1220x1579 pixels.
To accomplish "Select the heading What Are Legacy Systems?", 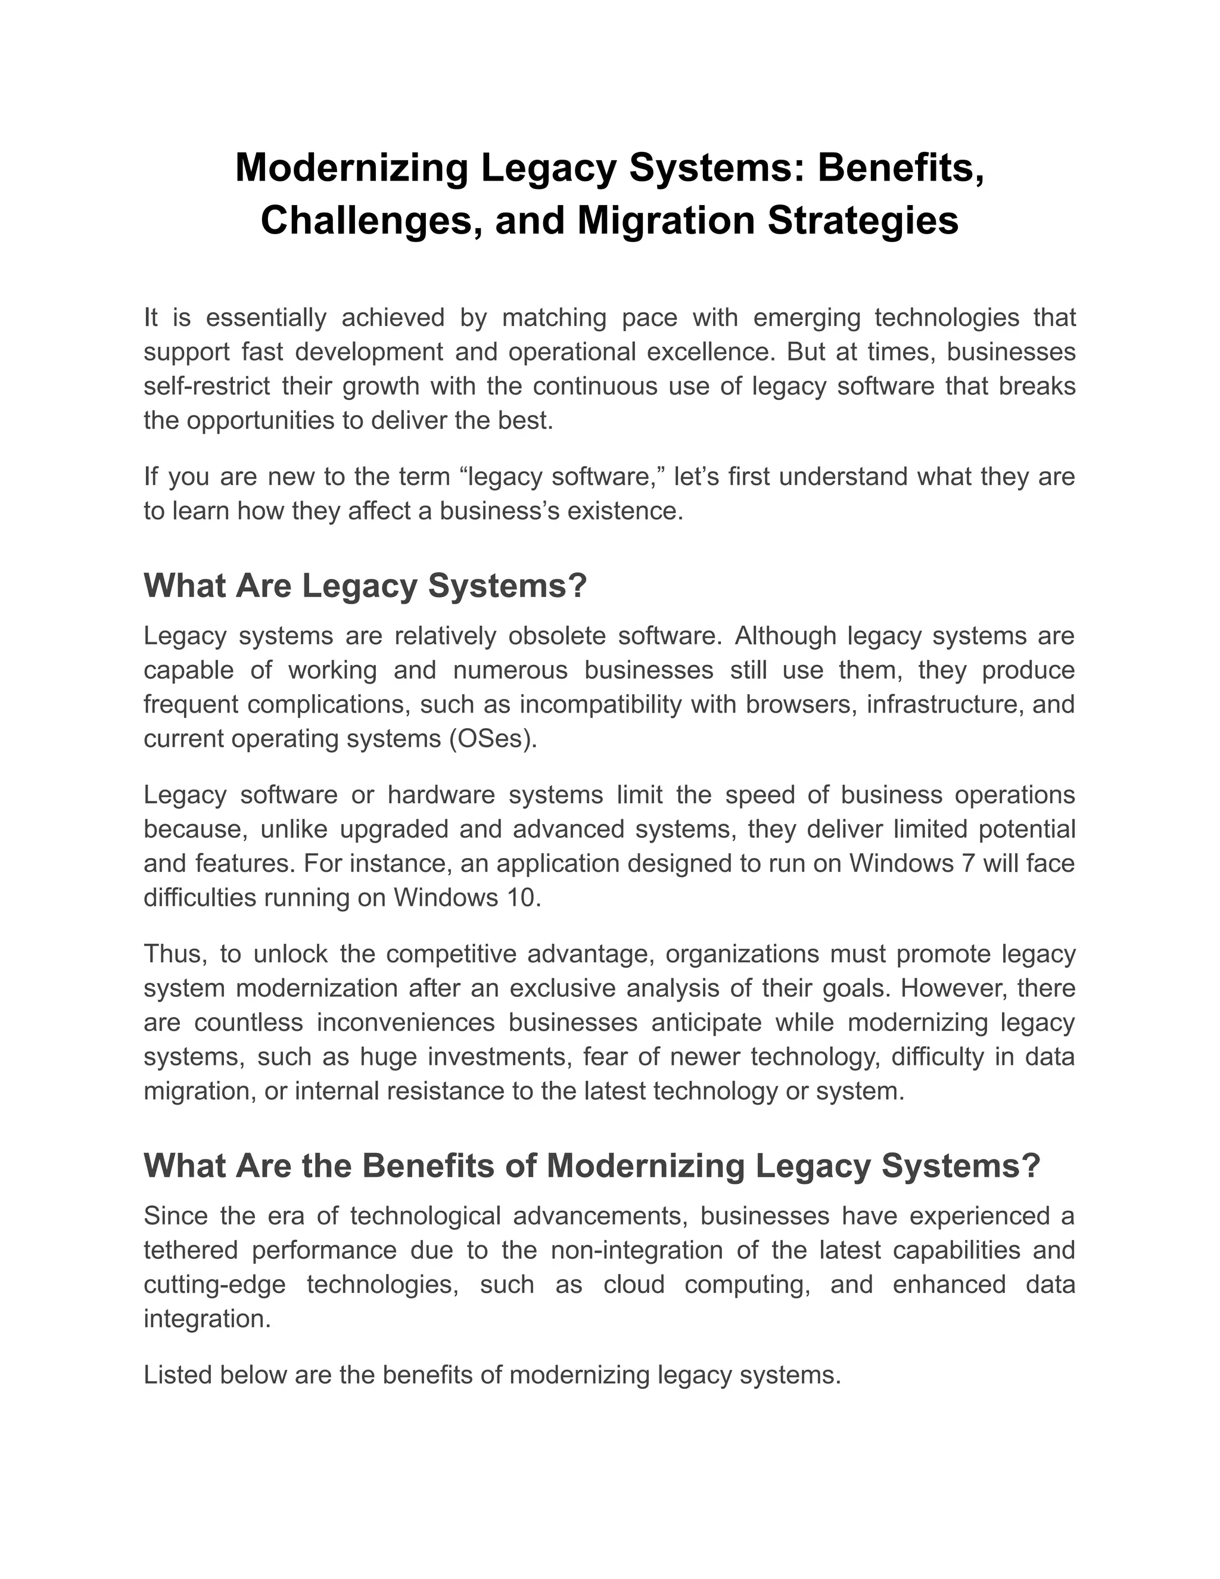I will click(365, 585).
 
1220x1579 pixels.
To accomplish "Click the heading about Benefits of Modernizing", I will click(591, 1165).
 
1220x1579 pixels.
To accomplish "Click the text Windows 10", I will click(466, 897).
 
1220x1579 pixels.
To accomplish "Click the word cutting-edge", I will click(214, 1284).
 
